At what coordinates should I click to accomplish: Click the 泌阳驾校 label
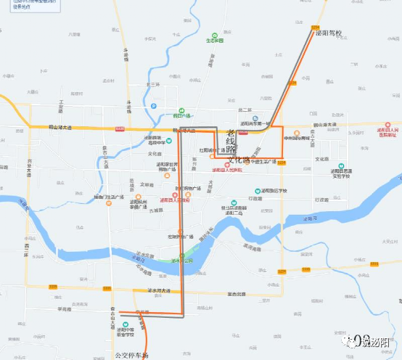point(327,33)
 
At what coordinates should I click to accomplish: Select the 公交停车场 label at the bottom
point(131,355)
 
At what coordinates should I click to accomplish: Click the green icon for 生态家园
point(214,34)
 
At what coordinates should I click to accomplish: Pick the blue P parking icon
point(154,106)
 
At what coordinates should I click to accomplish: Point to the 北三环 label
point(152,84)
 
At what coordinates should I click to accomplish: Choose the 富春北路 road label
point(237,294)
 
